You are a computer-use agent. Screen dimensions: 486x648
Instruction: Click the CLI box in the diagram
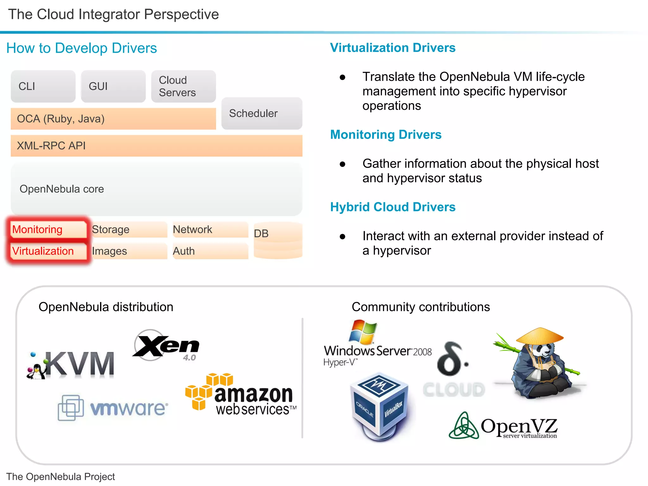(43, 86)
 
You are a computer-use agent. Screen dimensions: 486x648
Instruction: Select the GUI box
(113, 86)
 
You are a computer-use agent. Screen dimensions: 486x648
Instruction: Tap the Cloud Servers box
(183, 86)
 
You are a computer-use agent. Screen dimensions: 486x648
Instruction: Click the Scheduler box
(262, 113)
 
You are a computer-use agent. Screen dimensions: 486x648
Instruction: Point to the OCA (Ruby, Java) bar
(113, 119)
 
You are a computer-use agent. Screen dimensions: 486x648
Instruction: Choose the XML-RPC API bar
(156, 146)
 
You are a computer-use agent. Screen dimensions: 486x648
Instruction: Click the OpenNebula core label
(62, 189)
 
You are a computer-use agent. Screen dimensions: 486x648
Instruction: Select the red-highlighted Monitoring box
(47, 229)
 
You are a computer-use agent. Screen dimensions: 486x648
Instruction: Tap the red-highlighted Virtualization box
(47, 251)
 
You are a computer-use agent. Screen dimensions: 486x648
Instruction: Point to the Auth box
(210, 251)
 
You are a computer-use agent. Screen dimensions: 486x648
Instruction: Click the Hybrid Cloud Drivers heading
(393, 207)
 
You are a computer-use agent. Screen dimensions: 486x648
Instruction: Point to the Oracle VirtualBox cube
(380, 405)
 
